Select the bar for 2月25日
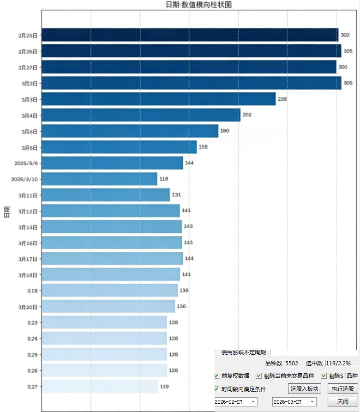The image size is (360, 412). (190, 35)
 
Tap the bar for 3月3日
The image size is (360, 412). (158, 99)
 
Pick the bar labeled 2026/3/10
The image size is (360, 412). (99, 179)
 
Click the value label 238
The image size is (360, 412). (282, 99)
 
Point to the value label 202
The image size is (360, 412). (247, 115)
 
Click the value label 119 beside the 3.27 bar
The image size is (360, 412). (165, 387)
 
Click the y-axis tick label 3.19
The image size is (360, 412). (32, 291)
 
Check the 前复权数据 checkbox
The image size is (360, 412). (217, 376)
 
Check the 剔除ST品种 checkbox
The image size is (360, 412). (324, 376)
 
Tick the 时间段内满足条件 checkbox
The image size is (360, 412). (217, 389)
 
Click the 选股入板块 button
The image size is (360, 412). (304, 389)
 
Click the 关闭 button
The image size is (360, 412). (342, 401)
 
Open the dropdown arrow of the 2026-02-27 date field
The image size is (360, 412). (253, 402)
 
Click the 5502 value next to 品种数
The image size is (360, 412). (294, 364)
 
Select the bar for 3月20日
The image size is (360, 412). (108, 307)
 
